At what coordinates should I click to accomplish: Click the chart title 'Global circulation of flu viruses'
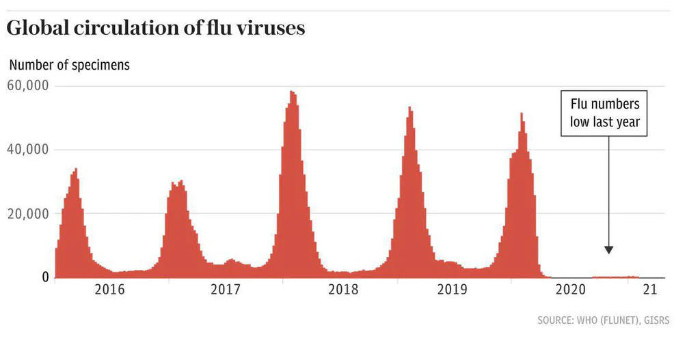[156, 29]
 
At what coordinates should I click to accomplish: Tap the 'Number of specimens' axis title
[69, 66]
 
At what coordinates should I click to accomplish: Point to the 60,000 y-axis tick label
[27, 86]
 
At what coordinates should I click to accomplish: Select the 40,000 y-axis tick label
[27, 150]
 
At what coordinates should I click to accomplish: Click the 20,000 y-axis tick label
[27, 214]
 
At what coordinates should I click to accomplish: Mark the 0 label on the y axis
[44, 277]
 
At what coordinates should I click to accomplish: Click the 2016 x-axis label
[110, 290]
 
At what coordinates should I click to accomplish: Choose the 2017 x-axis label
[226, 290]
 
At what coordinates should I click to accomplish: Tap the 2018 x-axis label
[343, 290]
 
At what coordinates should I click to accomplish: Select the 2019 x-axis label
[452, 290]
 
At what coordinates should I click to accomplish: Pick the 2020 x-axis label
[571, 290]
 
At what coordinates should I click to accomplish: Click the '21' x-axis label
[649, 290]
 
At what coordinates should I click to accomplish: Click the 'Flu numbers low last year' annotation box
[605, 113]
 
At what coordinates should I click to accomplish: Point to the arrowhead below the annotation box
[608, 250]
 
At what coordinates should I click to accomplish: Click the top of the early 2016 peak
[76, 169]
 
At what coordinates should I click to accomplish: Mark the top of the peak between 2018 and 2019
[409, 108]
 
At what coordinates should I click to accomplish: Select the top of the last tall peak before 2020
[522, 114]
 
